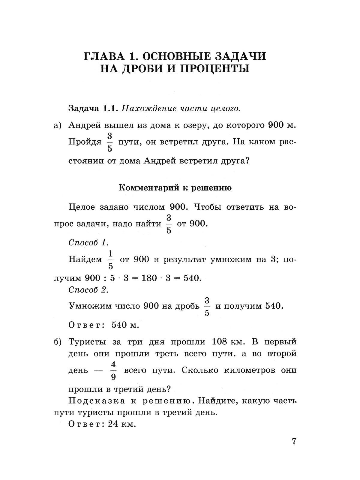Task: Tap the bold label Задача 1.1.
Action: point(93,108)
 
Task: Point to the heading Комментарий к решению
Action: point(175,188)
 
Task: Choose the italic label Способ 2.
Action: point(88,290)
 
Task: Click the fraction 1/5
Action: point(111,259)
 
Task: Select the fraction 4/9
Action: point(113,370)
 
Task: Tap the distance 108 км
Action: point(225,342)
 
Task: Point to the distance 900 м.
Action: point(282,125)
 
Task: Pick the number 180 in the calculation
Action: point(149,278)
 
